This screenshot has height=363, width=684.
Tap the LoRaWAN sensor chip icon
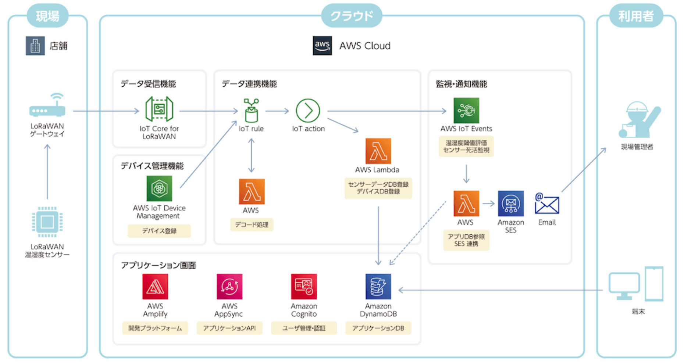(x=47, y=222)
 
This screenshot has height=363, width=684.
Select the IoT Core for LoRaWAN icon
(x=159, y=109)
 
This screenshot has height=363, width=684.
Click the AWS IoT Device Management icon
(x=159, y=188)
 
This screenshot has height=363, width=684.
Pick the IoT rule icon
(x=252, y=110)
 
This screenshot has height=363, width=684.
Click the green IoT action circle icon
(x=308, y=110)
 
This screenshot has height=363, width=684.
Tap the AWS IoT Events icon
(x=466, y=110)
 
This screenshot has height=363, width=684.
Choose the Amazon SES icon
(x=511, y=204)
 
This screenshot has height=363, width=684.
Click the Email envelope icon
(x=547, y=204)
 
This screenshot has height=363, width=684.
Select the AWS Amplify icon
(x=155, y=287)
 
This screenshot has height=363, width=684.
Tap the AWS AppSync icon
(x=229, y=287)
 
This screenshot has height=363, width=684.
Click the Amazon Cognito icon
(x=304, y=287)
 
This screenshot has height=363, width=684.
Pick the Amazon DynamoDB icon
(x=378, y=287)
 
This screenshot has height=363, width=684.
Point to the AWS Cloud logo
(x=322, y=46)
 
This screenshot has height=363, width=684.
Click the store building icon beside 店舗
(x=35, y=46)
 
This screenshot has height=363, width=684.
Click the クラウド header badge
(x=352, y=16)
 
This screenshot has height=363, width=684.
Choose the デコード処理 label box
(x=252, y=224)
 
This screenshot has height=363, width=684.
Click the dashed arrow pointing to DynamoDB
(x=418, y=233)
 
